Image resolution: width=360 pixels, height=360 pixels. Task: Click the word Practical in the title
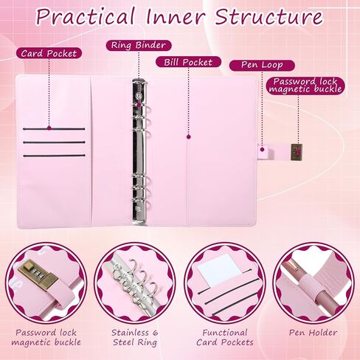pos(86,16)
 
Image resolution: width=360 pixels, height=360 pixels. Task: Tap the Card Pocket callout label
pos(49,53)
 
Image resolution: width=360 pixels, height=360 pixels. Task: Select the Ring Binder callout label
pos(139,45)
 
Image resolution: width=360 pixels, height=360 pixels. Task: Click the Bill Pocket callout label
pos(188,62)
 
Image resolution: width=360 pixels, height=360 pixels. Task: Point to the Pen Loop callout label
pos(262,65)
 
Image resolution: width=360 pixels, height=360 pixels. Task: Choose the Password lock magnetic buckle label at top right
pos(305,85)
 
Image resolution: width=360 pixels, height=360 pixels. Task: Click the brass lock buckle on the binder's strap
pos(297,152)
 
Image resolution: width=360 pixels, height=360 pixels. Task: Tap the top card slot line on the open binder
pos(54,128)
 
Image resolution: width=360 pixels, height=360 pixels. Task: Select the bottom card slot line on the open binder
pos(54,156)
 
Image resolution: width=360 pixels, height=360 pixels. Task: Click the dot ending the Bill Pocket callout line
pos(189,136)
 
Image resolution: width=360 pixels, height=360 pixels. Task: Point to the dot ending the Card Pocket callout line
pos(49,128)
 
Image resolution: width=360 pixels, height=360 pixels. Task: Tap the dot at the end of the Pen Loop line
pos(263,149)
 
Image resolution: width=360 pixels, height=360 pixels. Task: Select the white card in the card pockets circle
pos(221,269)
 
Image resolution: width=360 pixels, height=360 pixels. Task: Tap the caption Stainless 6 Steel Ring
pos(135,337)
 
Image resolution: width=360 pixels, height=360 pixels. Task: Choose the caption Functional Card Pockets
pos(225,337)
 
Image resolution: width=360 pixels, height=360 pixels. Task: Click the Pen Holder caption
pos(313,333)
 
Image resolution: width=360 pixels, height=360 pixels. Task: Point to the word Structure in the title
pos(269,16)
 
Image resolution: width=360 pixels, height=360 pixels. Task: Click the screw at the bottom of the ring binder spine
pos(139,210)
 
